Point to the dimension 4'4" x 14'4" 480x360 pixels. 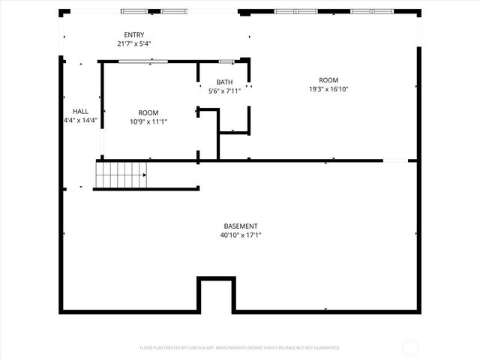(80, 120)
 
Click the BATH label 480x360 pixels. (224, 82)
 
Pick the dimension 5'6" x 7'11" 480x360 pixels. (224, 91)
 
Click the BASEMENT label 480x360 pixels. (241, 226)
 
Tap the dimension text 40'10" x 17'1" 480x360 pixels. (241, 235)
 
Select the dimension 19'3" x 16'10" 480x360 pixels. (328, 89)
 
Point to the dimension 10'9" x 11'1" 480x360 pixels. (148, 121)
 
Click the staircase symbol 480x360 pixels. (121, 175)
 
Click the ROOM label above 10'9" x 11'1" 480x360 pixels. (148, 112)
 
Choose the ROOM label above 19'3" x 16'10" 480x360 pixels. (328, 80)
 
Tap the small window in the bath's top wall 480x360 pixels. (226, 61)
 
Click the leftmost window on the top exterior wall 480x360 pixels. (135, 11)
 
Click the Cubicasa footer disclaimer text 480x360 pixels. (240, 347)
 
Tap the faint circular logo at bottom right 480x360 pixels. (410, 347)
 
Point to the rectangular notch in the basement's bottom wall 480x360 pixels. (215, 294)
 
